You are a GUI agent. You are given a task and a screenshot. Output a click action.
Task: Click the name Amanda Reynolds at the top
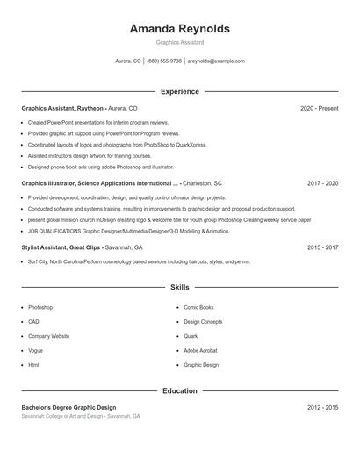tap(179, 28)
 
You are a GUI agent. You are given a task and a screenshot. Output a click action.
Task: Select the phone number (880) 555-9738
tap(164, 61)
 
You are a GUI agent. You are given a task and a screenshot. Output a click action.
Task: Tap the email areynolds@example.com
tap(216, 61)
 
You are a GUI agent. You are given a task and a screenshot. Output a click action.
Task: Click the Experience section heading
tap(179, 91)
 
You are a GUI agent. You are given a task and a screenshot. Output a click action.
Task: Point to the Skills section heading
tap(179, 287)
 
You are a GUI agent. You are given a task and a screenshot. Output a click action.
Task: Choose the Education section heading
tap(179, 390)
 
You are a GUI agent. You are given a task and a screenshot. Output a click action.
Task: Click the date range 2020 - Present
tap(319, 108)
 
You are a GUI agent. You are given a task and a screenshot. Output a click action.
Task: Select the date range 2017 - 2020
tap(322, 183)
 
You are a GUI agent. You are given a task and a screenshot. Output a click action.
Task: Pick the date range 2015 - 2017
tap(322, 247)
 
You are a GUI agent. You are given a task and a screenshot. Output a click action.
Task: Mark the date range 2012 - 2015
tap(322, 408)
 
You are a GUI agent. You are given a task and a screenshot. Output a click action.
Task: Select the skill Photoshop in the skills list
tap(40, 307)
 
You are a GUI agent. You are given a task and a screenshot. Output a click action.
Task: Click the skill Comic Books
tap(198, 307)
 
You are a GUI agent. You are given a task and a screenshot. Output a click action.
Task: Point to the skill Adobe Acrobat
tap(200, 350)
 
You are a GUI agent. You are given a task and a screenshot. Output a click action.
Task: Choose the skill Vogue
tap(35, 350)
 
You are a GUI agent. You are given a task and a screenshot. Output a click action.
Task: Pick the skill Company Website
tap(48, 336)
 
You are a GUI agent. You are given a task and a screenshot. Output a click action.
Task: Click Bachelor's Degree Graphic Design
tap(68, 408)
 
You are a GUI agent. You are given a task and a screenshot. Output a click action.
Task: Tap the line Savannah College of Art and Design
tap(80, 416)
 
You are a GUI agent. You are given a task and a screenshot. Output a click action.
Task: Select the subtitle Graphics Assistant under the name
tap(179, 42)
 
